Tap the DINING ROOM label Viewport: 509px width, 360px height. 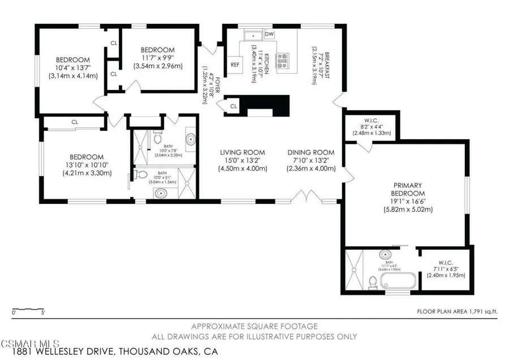(x=310, y=152)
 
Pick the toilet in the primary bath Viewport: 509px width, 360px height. (x=372, y=281)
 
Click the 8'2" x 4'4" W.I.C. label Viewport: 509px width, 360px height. (x=371, y=128)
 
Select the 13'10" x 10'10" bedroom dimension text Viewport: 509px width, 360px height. (x=87, y=165)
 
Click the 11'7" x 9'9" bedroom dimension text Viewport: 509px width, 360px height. (x=158, y=58)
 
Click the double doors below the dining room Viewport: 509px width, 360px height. (x=306, y=197)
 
